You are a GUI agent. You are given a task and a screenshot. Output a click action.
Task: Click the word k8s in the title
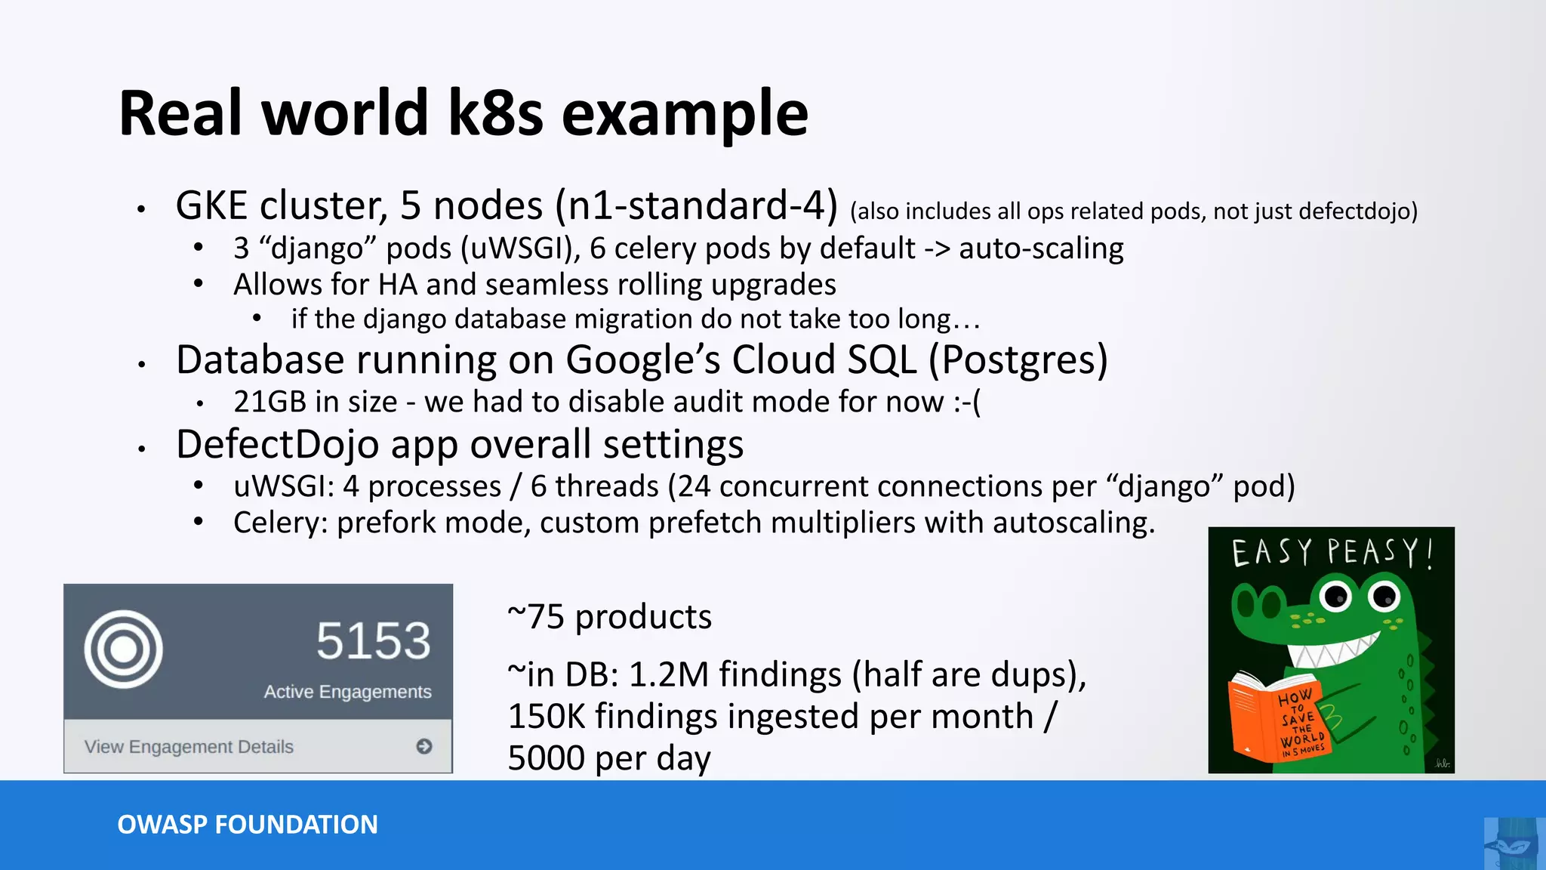tap(495, 113)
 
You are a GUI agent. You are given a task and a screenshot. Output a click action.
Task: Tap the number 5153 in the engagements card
tap(373, 641)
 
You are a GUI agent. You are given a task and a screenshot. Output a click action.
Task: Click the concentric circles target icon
tap(124, 649)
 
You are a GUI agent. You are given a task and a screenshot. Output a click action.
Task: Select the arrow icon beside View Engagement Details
tap(424, 746)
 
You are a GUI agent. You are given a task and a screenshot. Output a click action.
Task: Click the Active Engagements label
tap(347, 692)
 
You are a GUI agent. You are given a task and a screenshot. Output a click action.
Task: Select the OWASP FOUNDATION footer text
tap(248, 825)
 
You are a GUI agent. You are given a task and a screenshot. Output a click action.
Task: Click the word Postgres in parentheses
tap(1018, 360)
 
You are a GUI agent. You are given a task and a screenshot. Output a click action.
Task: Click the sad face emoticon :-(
tap(967, 402)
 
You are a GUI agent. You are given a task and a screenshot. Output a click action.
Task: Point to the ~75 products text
tap(610, 617)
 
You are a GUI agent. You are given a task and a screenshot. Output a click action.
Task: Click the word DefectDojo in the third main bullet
tap(278, 445)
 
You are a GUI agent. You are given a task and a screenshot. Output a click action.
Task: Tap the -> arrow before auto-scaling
tap(936, 249)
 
